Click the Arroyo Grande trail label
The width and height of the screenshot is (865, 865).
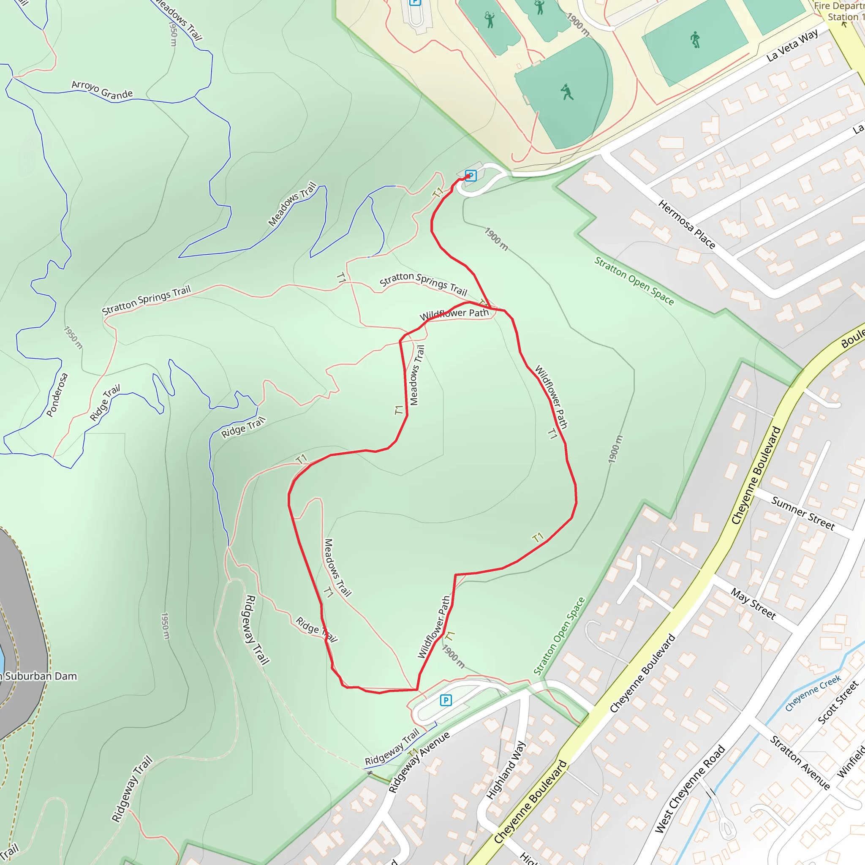[102, 90]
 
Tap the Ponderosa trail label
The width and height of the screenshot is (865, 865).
[57, 395]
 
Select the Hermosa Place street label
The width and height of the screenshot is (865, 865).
[686, 224]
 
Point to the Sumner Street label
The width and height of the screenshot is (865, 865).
[803, 514]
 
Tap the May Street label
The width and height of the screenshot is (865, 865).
[753, 604]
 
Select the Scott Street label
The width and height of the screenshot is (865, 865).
[838, 702]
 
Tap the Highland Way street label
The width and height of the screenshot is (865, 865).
[506, 770]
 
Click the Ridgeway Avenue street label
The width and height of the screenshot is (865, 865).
[419, 762]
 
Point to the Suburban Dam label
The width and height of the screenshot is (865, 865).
[40, 676]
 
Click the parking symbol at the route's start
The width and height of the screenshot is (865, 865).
[470, 175]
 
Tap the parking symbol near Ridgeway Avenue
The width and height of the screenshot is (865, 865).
[446, 700]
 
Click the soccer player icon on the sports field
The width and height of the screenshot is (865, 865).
[695, 39]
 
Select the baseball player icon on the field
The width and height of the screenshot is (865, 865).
[567, 92]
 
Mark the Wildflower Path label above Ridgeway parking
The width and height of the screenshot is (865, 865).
[434, 627]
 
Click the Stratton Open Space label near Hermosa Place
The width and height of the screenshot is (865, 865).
[634, 281]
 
